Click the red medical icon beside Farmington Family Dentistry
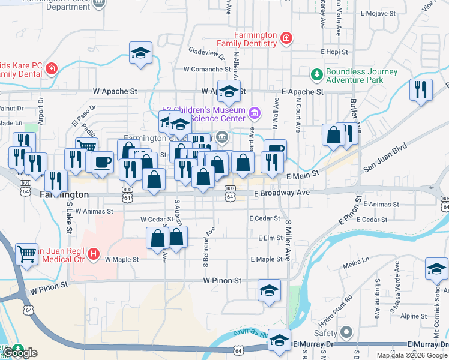coord(286,39)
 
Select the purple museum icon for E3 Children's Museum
coord(255,113)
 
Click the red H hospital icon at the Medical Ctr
coord(93,254)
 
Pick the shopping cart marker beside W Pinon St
coord(26,256)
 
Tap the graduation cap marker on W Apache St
coord(229,91)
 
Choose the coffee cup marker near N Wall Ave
coord(275,150)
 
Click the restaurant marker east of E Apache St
coord(421,89)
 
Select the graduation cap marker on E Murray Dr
coord(279,340)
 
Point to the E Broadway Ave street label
coord(282,193)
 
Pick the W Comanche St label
coord(207,69)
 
